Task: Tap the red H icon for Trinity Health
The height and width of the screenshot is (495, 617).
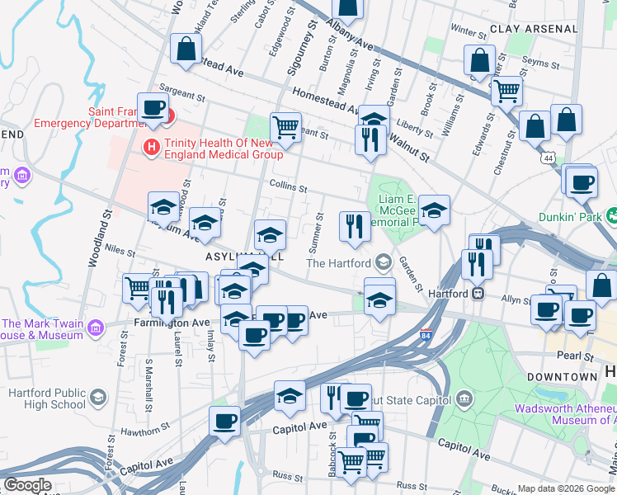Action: [152, 148]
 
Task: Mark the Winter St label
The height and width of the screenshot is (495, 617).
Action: [469, 31]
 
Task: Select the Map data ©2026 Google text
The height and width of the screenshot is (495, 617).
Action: [566, 488]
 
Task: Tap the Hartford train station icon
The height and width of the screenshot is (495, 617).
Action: [478, 293]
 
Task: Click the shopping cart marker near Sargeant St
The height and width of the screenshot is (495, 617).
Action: [285, 128]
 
